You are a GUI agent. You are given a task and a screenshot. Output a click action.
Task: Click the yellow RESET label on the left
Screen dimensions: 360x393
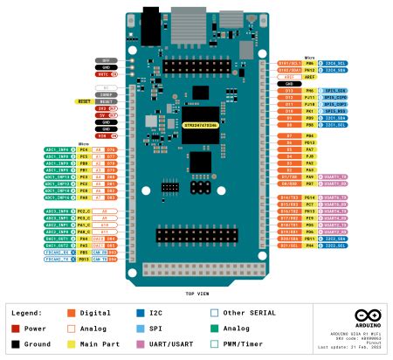84,101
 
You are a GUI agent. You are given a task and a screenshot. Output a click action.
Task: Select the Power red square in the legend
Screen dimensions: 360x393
16,329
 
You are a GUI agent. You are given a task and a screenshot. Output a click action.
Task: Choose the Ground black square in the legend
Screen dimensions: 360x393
16,344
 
